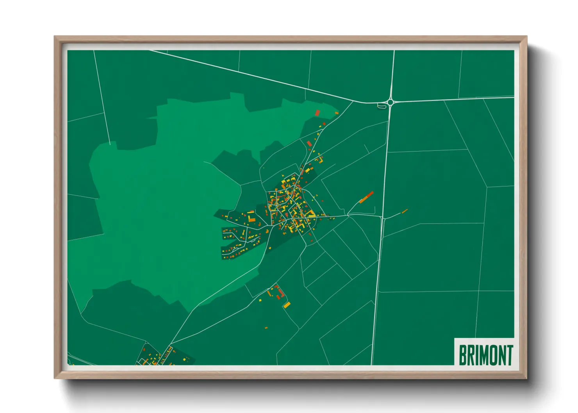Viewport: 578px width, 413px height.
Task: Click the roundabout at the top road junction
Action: pyautogui.click(x=390, y=103)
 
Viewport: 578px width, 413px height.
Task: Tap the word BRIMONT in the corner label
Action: pyautogui.click(x=485, y=355)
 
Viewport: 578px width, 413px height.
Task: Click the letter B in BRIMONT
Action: pyautogui.click(x=462, y=355)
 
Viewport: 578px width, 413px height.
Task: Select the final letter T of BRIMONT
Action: pyautogui.click(x=509, y=355)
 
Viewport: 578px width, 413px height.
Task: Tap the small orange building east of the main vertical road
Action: pyautogui.click(x=405, y=211)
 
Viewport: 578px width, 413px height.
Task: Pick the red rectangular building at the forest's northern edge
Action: pyautogui.click(x=318, y=112)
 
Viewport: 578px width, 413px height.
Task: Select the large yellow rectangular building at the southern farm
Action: pyautogui.click(x=287, y=304)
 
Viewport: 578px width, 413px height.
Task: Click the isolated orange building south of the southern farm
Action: pyautogui.click(x=266, y=328)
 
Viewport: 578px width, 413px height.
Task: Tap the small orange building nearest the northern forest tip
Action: pyautogui.click(x=336, y=113)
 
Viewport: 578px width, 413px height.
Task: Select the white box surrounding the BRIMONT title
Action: pyautogui.click(x=484, y=351)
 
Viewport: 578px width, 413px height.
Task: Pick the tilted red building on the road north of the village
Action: pyautogui.click(x=309, y=144)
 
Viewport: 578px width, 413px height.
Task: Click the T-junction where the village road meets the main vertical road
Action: pyautogui.click(x=382, y=217)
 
